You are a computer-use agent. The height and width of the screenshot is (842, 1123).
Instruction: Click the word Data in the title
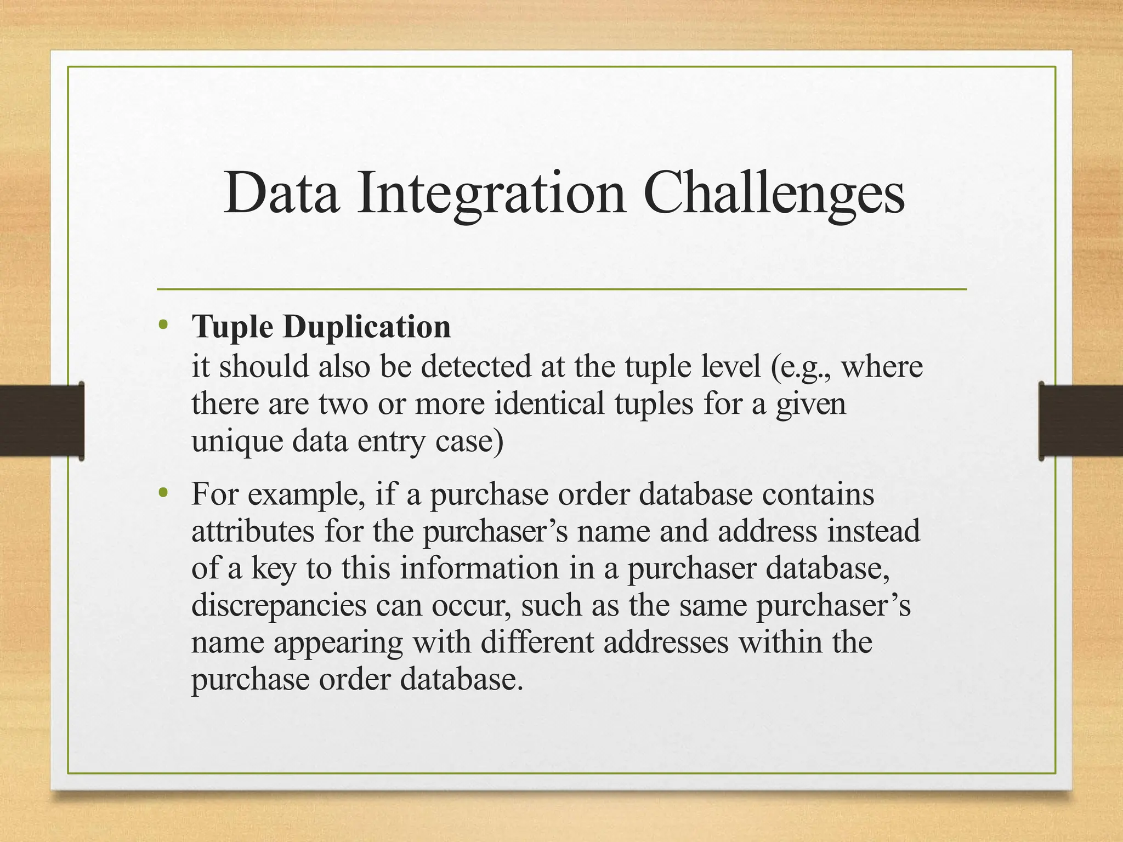pyautogui.click(x=281, y=193)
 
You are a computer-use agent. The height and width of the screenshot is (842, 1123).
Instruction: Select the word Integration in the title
pyautogui.click(x=491, y=193)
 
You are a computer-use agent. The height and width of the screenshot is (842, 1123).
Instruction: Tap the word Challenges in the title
pyautogui.click(x=773, y=193)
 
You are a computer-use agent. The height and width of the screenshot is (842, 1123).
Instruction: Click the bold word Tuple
pyautogui.click(x=232, y=327)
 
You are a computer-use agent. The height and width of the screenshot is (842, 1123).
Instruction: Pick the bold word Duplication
pyautogui.click(x=367, y=327)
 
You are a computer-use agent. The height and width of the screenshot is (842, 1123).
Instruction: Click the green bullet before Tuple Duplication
pyautogui.click(x=162, y=326)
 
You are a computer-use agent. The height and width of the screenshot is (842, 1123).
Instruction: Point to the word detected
pyautogui.click(x=475, y=366)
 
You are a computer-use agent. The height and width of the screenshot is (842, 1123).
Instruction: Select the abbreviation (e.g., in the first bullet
pyautogui.click(x=801, y=366)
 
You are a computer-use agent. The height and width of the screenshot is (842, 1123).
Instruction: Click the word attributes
pyautogui.click(x=253, y=531)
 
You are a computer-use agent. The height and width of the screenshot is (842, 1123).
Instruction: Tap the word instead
pyautogui.click(x=874, y=531)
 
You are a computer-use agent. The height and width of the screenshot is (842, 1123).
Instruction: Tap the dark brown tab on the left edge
pyautogui.click(x=42, y=420)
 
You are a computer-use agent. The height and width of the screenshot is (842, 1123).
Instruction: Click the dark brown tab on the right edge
pyautogui.click(x=1081, y=420)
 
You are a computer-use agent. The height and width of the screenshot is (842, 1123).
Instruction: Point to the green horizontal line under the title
pyautogui.click(x=561, y=289)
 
